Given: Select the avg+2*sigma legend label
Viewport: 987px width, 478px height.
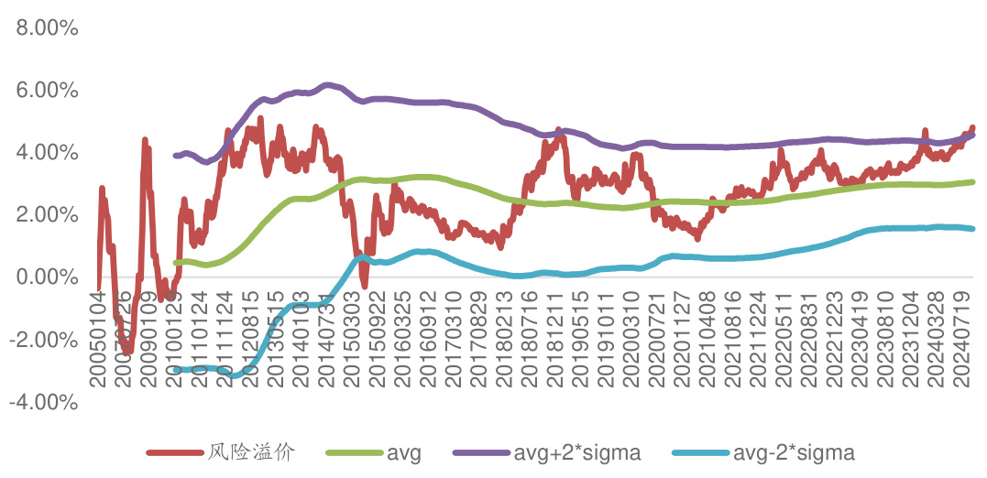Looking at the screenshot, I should [x=576, y=452].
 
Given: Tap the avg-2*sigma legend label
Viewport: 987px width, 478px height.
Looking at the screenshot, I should [x=794, y=452].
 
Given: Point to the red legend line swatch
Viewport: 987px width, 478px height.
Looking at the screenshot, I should [x=174, y=452].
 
